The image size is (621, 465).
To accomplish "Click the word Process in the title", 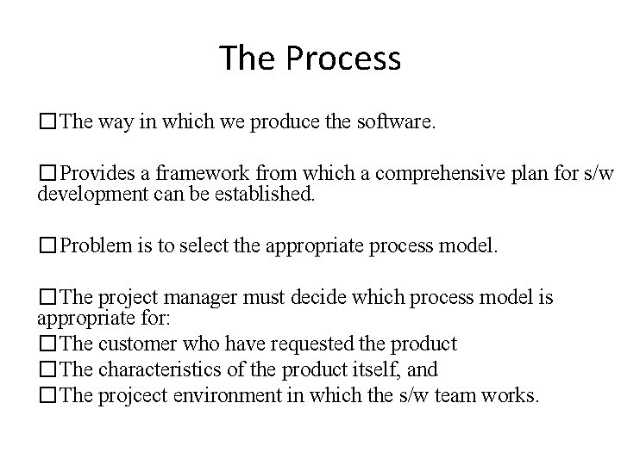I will [343, 59].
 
